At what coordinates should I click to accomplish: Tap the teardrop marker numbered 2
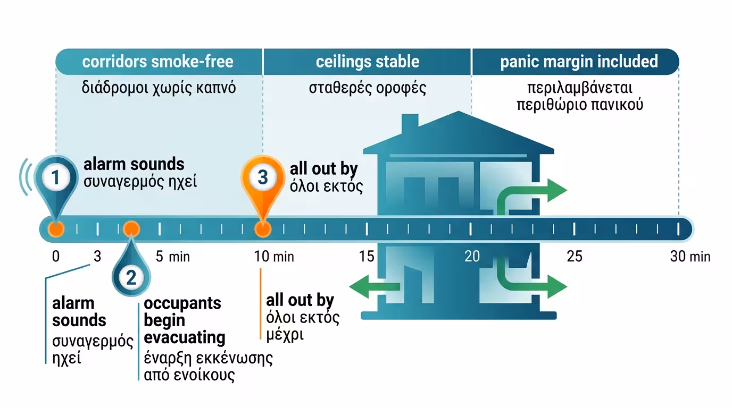point(131,276)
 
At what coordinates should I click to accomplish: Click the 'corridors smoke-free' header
point(158,62)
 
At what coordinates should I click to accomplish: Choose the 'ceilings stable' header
point(367,62)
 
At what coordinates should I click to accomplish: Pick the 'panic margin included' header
point(579,62)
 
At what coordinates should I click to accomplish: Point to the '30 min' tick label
point(691,257)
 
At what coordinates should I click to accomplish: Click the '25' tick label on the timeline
point(575,257)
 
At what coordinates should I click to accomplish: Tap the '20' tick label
point(472,257)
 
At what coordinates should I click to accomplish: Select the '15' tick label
point(367,257)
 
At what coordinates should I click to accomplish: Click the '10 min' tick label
point(274,257)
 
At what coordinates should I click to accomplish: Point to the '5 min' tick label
point(172,257)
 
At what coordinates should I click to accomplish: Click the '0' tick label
point(56,257)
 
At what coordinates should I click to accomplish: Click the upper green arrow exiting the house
point(537,191)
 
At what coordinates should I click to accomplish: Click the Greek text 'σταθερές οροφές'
point(368,88)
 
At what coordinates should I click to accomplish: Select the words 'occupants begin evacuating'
point(184,320)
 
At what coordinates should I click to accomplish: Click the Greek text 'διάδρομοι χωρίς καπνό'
point(159,88)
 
